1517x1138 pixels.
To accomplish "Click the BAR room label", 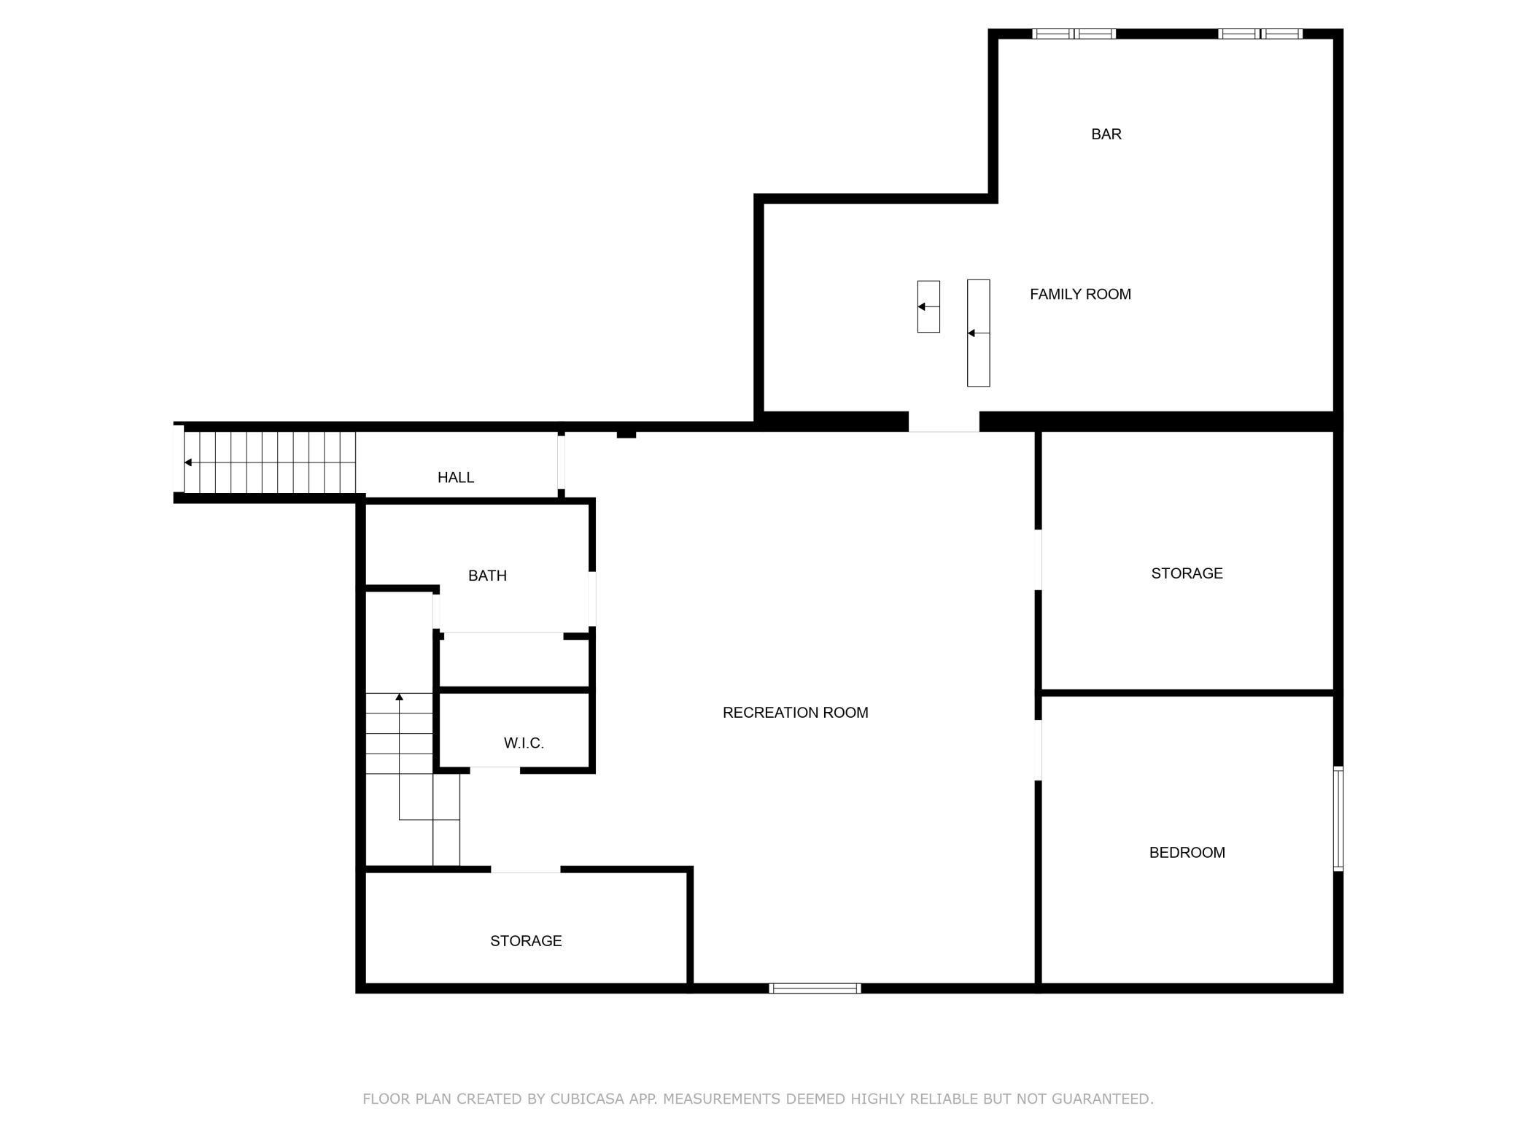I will click(1106, 134).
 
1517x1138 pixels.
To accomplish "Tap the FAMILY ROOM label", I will click(1079, 294).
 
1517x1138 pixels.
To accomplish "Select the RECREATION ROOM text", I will click(795, 713).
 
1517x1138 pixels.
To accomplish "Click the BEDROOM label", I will click(1187, 852).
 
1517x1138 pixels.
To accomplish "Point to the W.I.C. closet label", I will click(524, 743).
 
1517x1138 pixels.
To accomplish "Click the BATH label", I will click(487, 576).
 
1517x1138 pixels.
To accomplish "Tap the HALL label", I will click(456, 477).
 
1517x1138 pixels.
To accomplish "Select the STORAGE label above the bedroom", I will click(1187, 573).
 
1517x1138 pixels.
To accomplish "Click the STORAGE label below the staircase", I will click(526, 941).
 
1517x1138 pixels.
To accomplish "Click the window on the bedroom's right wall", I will click(1338, 818).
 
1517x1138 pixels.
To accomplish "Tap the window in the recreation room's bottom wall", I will click(815, 988).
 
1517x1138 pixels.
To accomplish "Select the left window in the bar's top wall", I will click(1074, 34).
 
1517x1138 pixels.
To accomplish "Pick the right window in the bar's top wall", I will click(1260, 34).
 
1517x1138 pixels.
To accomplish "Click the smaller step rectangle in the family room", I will click(928, 306).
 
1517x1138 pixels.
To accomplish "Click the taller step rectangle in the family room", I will click(978, 333).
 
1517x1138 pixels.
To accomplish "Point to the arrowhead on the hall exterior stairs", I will click(188, 462).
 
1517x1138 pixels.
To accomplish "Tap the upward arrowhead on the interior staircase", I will click(399, 697).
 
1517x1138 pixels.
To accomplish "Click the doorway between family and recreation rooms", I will click(943, 422).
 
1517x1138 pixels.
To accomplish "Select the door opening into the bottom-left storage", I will click(525, 870).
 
